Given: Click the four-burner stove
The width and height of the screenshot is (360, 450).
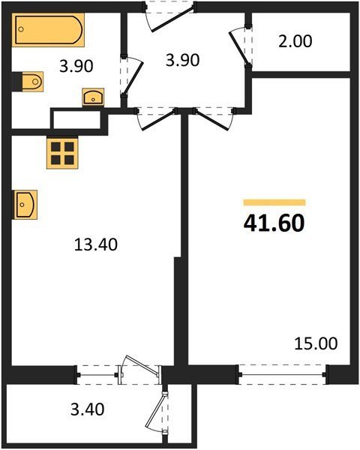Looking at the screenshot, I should point(62,153).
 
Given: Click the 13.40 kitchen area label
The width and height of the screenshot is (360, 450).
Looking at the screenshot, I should point(96,244).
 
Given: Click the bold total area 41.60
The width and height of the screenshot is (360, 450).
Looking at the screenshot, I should point(274,223).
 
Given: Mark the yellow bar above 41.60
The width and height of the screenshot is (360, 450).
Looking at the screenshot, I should point(274,202).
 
